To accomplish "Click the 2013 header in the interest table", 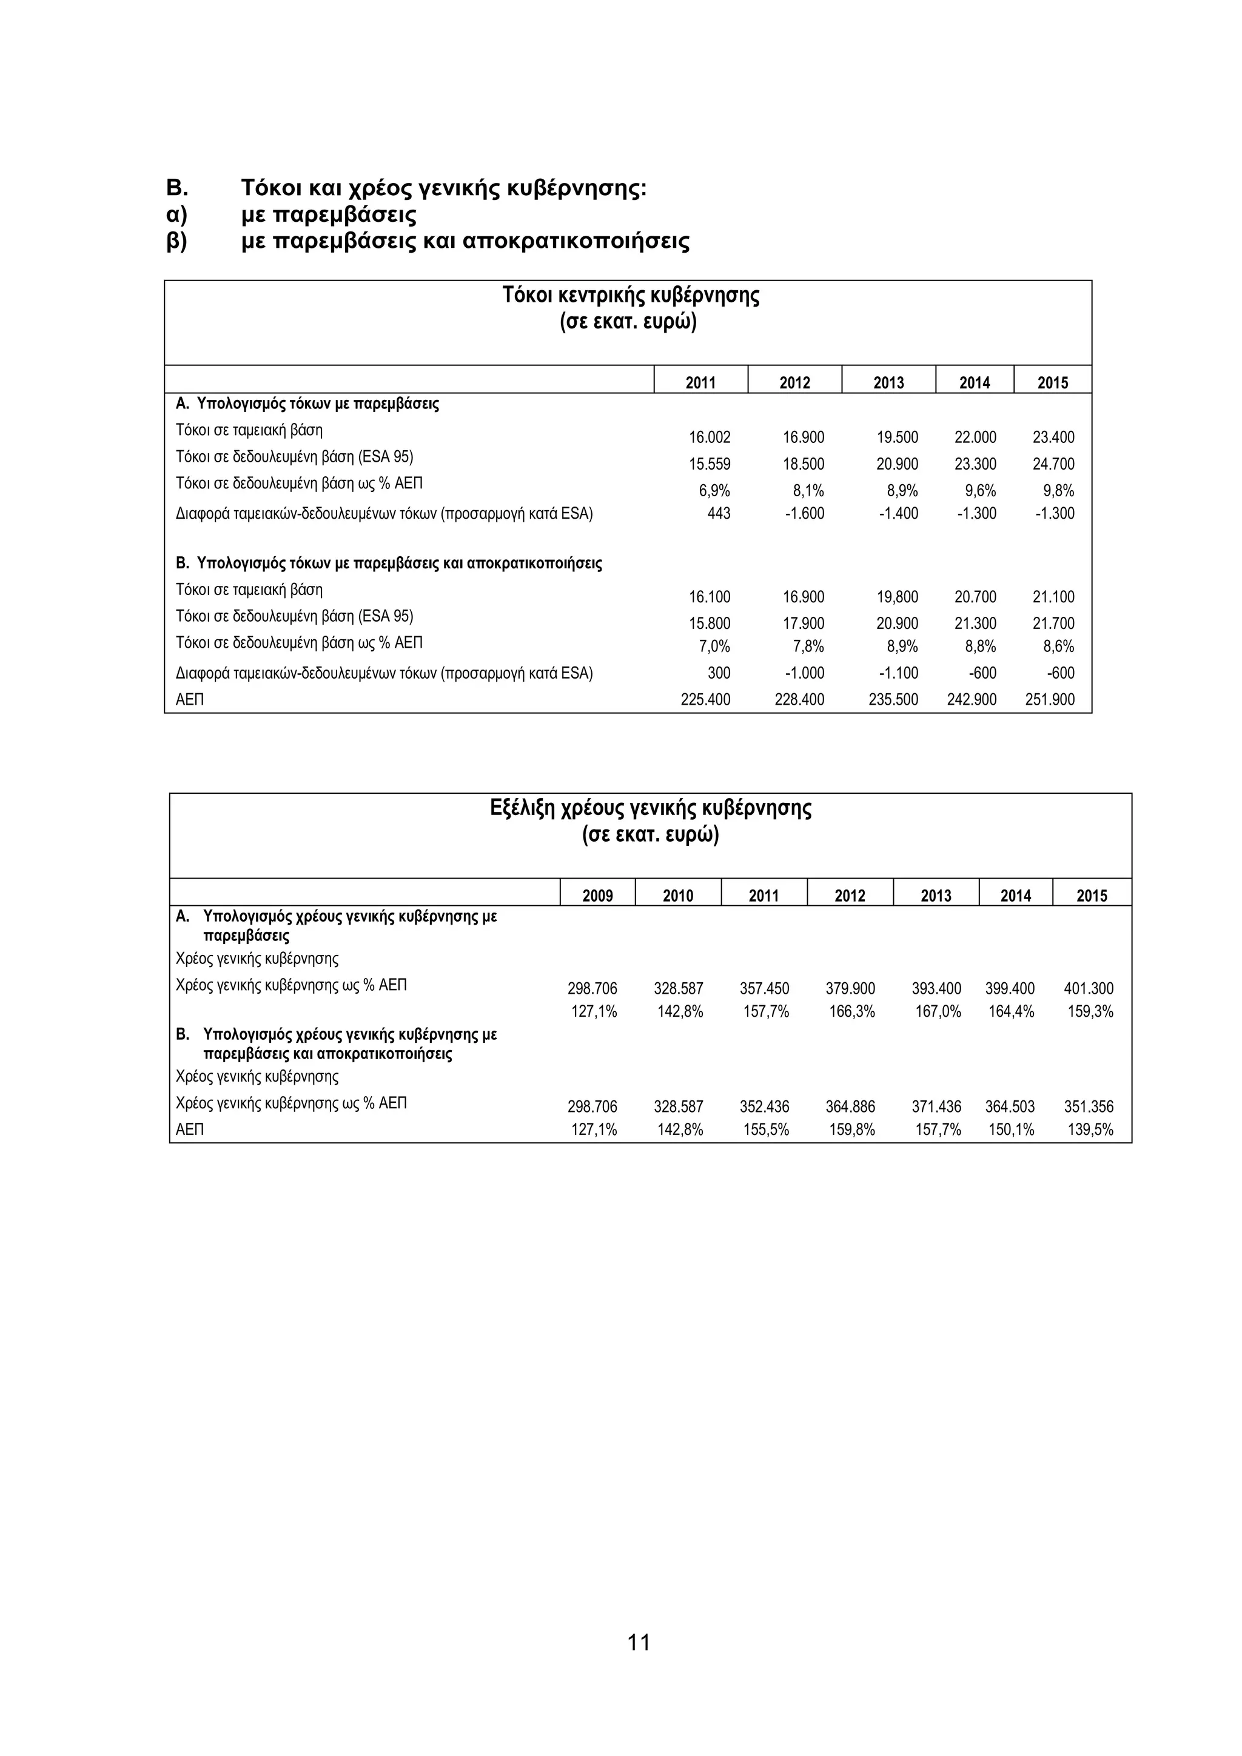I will point(888,382).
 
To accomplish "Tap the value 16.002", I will point(710,437).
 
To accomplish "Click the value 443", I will point(719,513).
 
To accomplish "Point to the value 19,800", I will point(897,597).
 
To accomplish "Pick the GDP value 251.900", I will point(1049,699).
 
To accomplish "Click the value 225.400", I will point(705,699).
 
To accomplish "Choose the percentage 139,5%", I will point(1090,1129).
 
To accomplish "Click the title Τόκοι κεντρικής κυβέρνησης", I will point(631,295).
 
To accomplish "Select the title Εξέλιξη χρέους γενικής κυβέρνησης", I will point(651,808).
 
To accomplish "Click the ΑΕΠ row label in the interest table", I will point(190,699).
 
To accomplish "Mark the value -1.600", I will point(804,513).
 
